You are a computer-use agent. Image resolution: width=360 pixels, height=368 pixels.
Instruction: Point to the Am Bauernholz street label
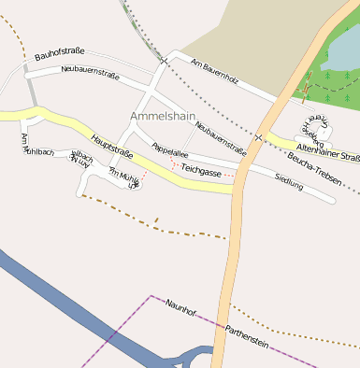click(214, 71)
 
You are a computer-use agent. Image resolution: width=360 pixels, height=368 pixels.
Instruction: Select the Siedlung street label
click(290, 183)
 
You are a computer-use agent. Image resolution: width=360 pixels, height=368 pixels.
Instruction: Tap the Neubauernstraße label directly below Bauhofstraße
click(90, 71)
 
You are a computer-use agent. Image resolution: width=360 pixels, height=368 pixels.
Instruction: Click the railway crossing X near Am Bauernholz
click(164, 61)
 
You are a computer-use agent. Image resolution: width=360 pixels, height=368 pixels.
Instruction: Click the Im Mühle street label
click(124, 178)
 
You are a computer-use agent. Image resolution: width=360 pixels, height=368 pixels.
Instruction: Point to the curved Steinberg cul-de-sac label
click(313, 125)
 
